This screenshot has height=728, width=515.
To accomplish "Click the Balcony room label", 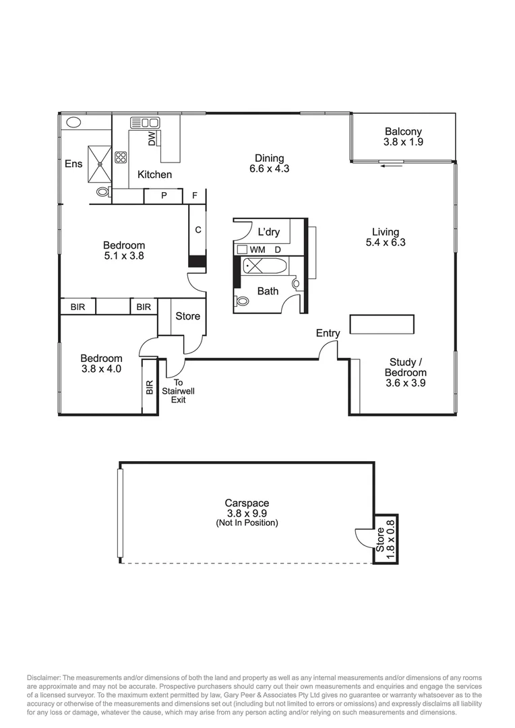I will [403, 131].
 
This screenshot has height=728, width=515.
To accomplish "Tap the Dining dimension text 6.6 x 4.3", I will [269, 169].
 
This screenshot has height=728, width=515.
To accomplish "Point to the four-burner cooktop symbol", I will [121, 158].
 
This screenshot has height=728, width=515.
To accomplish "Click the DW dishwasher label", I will [152, 138].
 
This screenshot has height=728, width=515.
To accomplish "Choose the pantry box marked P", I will [164, 196].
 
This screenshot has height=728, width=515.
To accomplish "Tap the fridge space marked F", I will [195, 196].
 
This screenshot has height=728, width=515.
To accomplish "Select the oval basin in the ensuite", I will [73, 123].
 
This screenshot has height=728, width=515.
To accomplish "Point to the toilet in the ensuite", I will [102, 192].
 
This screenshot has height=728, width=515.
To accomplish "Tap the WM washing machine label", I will [257, 249].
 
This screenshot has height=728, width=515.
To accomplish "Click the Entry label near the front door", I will [328, 333].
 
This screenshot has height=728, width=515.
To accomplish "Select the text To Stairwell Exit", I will [178, 391].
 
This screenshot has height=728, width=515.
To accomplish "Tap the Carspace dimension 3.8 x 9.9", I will [247, 513].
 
